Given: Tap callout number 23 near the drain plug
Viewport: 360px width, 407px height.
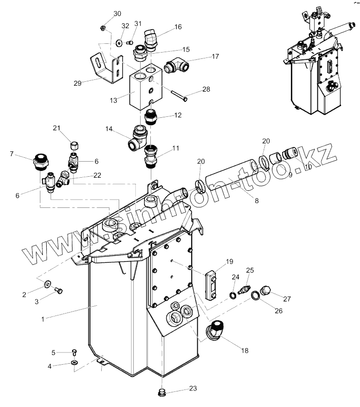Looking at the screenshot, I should (x=193, y=388).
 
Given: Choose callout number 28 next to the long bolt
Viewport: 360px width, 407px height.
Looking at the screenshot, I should (x=206, y=90).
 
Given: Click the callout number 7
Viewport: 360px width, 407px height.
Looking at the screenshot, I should (x=11, y=155).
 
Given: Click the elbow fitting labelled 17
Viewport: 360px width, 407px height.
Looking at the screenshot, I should (x=174, y=65).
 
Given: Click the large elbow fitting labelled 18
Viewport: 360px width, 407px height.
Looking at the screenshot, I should (x=216, y=332).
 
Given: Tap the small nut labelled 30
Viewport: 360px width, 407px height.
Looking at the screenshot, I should (x=103, y=27).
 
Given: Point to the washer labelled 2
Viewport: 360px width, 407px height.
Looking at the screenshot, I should (x=47, y=284).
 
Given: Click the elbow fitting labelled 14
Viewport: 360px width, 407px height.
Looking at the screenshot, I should (x=138, y=138).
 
